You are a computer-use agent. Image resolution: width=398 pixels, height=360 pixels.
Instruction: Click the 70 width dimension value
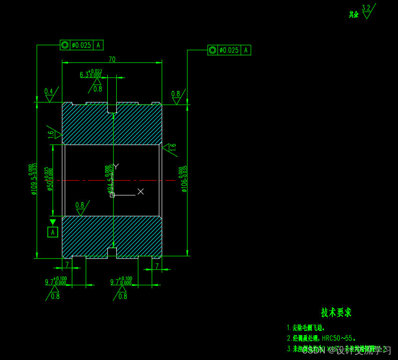tap(112, 59)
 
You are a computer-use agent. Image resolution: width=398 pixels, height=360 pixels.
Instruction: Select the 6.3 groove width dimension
tap(84, 75)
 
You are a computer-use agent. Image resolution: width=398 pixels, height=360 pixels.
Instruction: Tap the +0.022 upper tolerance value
tap(95, 71)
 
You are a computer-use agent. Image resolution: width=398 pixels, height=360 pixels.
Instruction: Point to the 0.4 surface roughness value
tap(49, 91)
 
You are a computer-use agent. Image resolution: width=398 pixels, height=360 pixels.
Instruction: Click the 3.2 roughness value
tap(366, 8)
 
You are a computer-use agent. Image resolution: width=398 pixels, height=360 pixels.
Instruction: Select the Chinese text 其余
tap(353, 15)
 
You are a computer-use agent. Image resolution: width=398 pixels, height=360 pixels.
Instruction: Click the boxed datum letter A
tap(53, 232)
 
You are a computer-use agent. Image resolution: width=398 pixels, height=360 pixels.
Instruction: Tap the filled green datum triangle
tap(53, 222)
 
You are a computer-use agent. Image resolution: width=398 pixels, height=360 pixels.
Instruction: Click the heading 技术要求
tap(336, 312)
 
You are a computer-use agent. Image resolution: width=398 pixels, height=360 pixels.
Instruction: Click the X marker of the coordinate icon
tap(140, 191)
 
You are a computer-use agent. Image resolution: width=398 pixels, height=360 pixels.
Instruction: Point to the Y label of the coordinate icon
tap(116, 166)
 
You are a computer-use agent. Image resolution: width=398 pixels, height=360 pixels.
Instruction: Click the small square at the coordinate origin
tap(113, 195)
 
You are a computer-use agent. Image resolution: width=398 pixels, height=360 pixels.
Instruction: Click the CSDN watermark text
tap(312, 350)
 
